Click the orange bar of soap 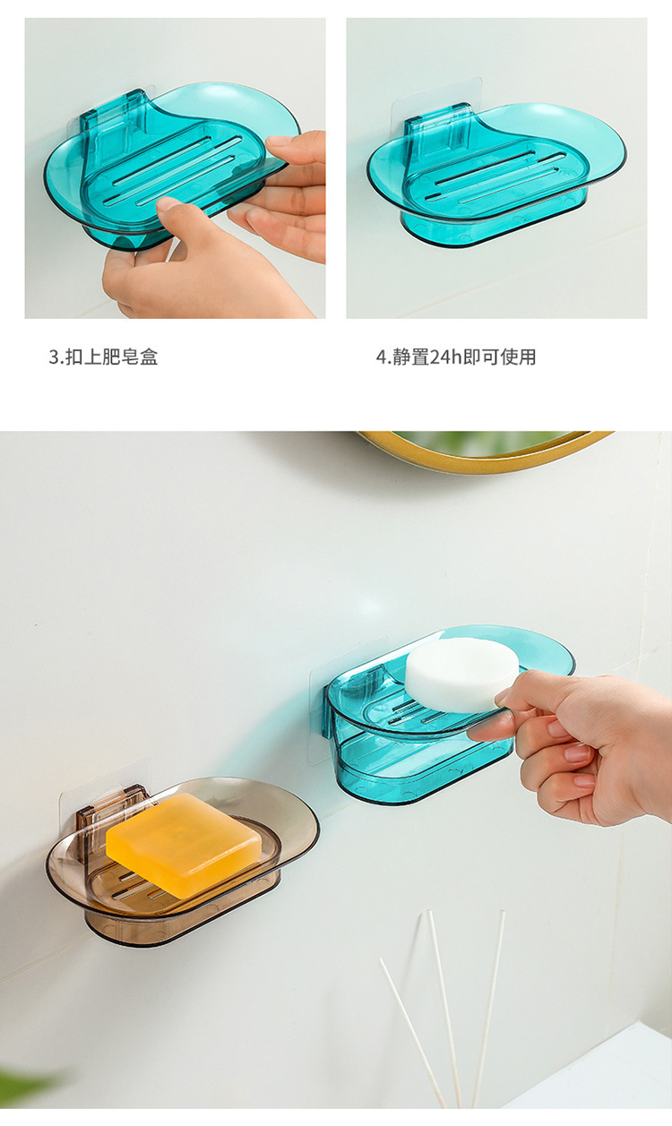pyautogui.click(x=184, y=845)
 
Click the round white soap pyautogui.click(x=462, y=675)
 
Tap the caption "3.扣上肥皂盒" pyautogui.click(x=104, y=357)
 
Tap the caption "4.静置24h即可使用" pyautogui.click(x=456, y=357)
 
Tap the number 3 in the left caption pyautogui.click(x=53, y=357)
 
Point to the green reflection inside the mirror pyautogui.click(x=483, y=442)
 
